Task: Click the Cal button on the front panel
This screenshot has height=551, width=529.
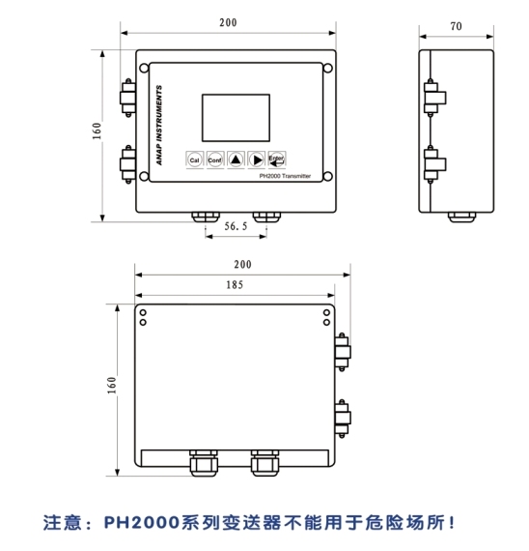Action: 194,159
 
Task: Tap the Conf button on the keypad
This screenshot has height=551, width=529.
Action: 215,159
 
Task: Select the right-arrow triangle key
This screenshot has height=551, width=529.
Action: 257,159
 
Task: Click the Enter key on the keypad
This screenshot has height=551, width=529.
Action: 277,159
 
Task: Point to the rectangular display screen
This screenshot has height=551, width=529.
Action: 236,118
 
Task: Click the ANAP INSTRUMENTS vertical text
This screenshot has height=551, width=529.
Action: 159,125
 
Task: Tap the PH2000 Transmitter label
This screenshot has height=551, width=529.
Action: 285,176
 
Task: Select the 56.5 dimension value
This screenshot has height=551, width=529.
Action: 236,226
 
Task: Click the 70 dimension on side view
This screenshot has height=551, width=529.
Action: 456,26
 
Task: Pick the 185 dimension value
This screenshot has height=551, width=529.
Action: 235,284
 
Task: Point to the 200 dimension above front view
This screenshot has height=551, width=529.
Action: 228,22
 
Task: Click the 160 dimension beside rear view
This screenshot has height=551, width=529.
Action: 111,385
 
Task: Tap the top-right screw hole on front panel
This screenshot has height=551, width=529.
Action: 327,69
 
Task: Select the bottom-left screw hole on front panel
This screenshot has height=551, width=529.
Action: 144,176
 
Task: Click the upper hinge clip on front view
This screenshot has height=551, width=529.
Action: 127,98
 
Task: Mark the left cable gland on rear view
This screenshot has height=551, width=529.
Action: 204,463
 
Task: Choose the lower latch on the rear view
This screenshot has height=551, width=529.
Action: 343,419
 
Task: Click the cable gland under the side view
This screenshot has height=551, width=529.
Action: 462,217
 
